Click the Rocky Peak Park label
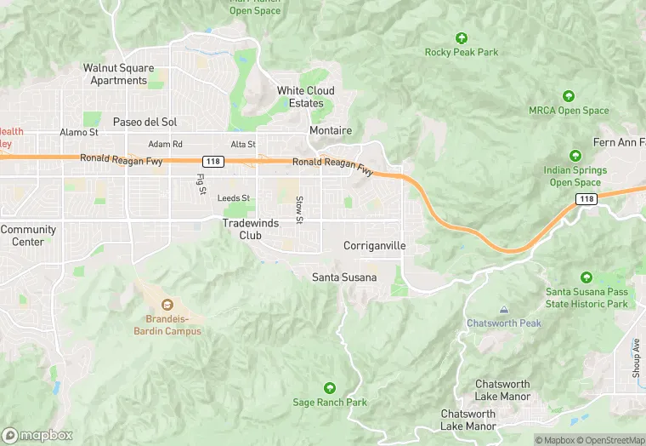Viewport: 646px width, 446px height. pyautogui.click(x=462, y=52)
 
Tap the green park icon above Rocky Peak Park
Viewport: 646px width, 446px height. pyautogui.click(x=462, y=38)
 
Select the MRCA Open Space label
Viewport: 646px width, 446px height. pyautogui.click(x=569, y=111)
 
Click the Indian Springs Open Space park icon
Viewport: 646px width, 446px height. pyautogui.click(x=575, y=156)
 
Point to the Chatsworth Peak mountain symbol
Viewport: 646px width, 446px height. pyautogui.click(x=504, y=310)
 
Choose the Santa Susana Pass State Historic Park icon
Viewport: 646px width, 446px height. pyautogui.click(x=586, y=278)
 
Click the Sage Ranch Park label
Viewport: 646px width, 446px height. pyautogui.click(x=330, y=402)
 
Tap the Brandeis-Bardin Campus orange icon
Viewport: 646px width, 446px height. pyautogui.click(x=167, y=304)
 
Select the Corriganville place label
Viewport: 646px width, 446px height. pyautogui.click(x=374, y=246)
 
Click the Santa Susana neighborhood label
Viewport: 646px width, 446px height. pyautogui.click(x=343, y=277)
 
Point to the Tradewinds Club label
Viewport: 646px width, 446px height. pyautogui.click(x=251, y=229)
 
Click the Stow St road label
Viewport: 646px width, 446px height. pyautogui.click(x=299, y=209)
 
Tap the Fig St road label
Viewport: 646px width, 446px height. pyautogui.click(x=201, y=185)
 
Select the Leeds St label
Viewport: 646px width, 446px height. pyautogui.click(x=234, y=198)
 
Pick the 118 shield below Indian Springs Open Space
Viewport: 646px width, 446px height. pyautogui.click(x=586, y=199)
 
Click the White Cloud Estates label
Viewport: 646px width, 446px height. pyautogui.click(x=306, y=97)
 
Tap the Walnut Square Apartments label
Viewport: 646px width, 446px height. pyautogui.click(x=119, y=74)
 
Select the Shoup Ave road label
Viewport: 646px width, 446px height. pyautogui.click(x=636, y=357)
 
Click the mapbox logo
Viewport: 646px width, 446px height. pyautogui.click(x=37, y=435)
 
